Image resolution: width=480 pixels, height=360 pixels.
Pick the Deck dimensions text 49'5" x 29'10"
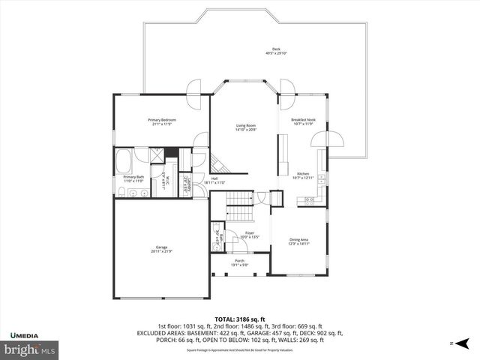pyautogui.click(x=276, y=53)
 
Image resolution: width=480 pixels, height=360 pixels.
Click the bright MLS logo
pyautogui.click(x=30, y=349)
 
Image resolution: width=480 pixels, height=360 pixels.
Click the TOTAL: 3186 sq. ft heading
pyautogui.click(x=240, y=318)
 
